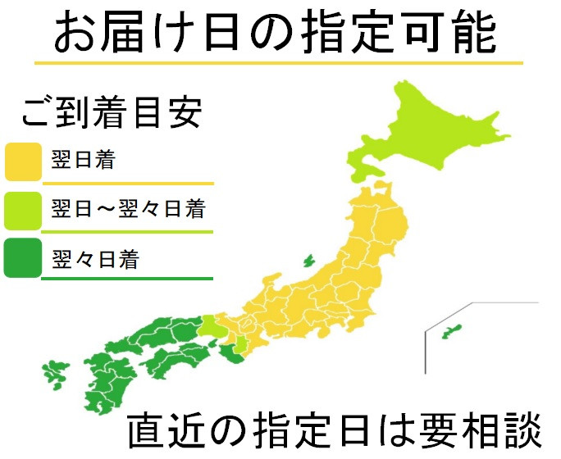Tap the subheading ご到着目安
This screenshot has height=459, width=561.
point(111,114)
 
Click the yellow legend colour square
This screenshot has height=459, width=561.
point(23,161)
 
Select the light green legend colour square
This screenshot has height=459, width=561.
point(23,210)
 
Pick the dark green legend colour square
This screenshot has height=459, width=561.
point(23,257)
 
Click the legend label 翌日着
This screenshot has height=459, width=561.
point(82,159)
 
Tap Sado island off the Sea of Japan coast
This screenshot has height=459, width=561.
point(309,261)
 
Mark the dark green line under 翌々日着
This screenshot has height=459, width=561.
point(127,279)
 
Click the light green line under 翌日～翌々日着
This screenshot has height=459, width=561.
point(127,231)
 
